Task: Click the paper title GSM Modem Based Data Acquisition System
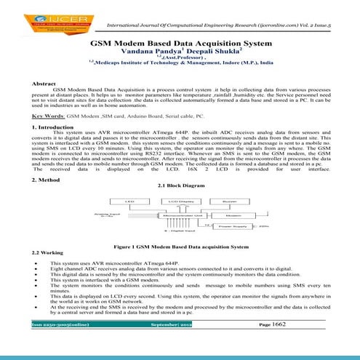[x=180, y=44]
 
